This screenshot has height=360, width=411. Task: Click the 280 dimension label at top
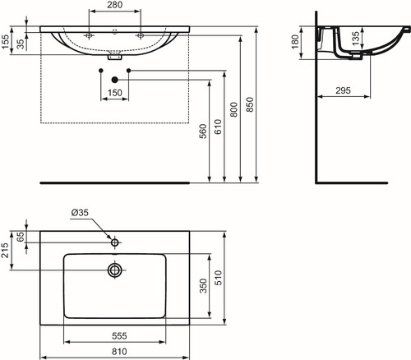(x=115, y=5)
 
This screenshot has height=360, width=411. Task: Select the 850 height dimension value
(x=250, y=104)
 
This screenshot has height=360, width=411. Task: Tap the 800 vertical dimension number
(x=233, y=109)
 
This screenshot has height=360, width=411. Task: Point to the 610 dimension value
(x=218, y=127)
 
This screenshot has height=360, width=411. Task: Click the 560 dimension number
(x=203, y=132)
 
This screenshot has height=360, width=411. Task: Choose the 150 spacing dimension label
(x=115, y=93)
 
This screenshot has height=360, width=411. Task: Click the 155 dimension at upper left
(x=6, y=42)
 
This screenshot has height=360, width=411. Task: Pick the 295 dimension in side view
(x=343, y=90)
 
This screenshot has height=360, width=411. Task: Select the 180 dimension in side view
(x=295, y=42)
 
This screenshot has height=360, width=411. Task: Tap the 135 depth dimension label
(x=355, y=39)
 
